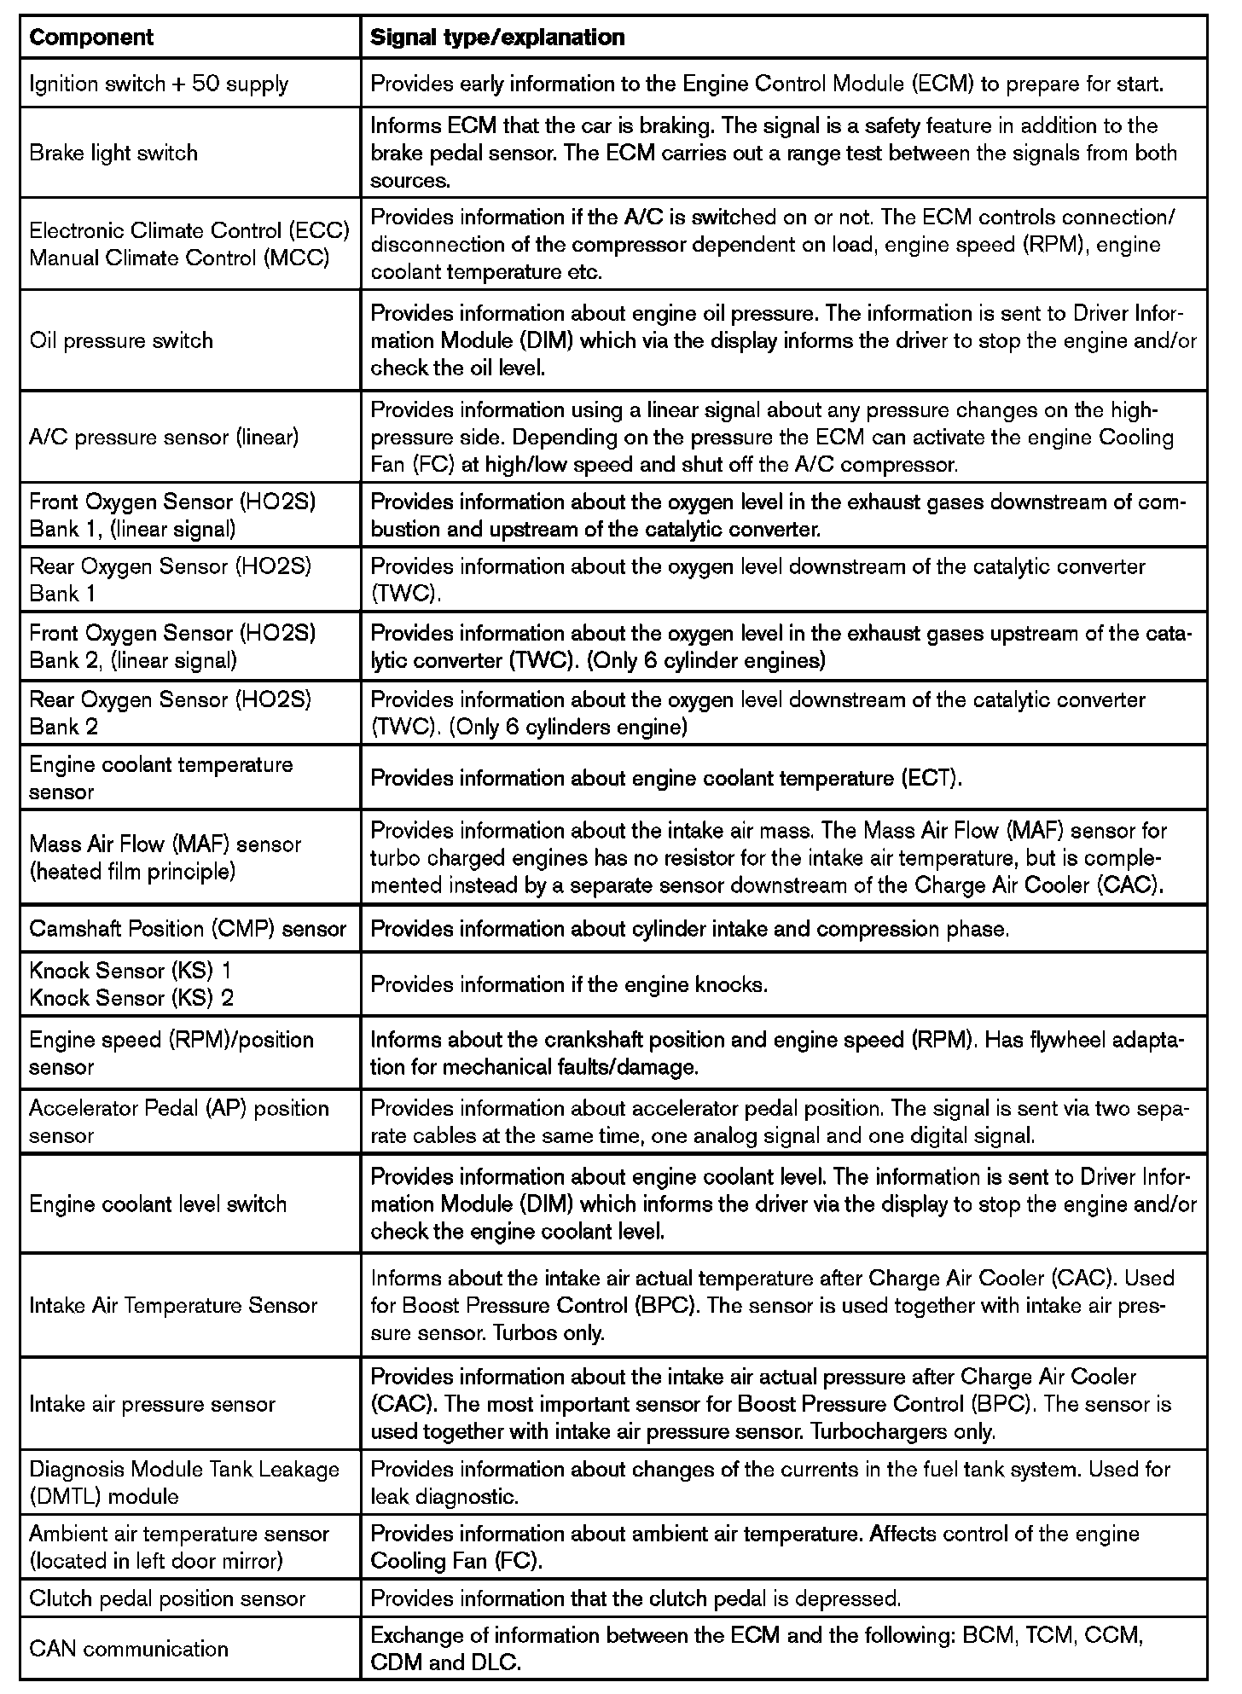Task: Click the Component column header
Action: [x=91, y=38]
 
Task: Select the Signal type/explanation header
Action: [x=497, y=38]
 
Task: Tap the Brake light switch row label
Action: [x=113, y=154]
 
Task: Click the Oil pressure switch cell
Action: [x=121, y=341]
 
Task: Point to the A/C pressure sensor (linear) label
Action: [x=164, y=438]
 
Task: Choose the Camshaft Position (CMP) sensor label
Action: [x=188, y=929]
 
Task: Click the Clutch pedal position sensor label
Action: [x=167, y=1598]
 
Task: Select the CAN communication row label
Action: [x=129, y=1649]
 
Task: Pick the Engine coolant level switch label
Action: [x=158, y=1204]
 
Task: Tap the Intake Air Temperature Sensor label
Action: [x=173, y=1306]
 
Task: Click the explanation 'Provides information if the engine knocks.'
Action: [x=570, y=985]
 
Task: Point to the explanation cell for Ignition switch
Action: [x=767, y=84]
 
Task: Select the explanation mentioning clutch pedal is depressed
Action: [x=636, y=1598]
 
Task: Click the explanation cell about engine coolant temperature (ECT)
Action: [x=666, y=779]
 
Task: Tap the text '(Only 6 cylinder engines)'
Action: [x=705, y=661]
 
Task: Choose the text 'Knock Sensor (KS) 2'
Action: [x=131, y=998]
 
